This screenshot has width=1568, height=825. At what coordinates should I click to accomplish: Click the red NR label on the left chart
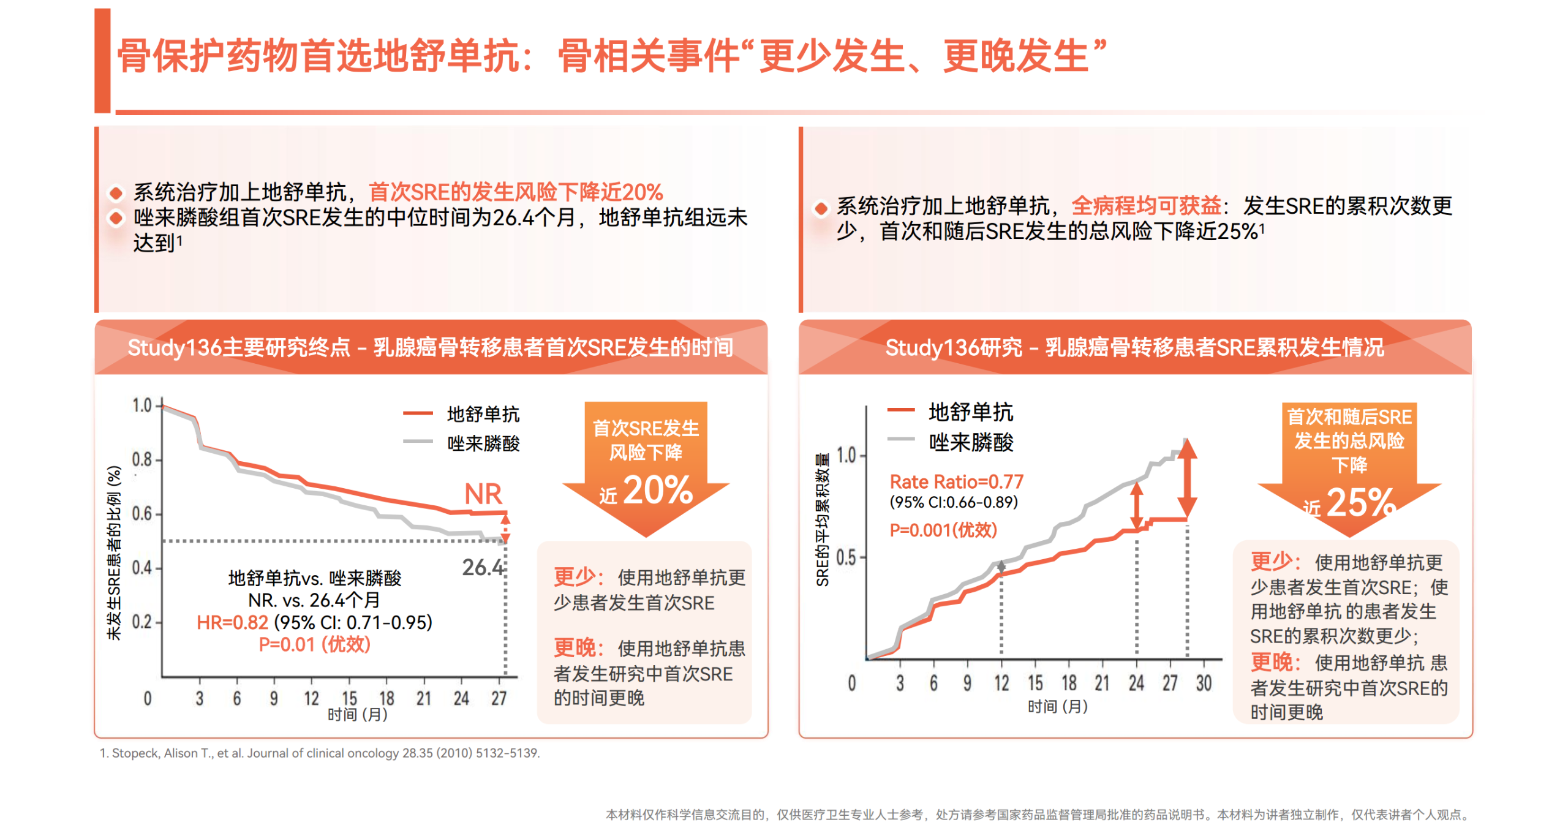tap(483, 494)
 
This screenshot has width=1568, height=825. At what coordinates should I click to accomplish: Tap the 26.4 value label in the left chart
tap(482, 567)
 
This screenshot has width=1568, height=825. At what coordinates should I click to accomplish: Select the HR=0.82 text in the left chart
tap(232, 622)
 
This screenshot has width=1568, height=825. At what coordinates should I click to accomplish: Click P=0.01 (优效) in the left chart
tap(314, 644)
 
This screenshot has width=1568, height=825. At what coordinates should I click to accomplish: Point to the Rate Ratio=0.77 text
tap(956, 481)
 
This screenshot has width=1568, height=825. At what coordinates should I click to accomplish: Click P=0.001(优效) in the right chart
tap(943, 530)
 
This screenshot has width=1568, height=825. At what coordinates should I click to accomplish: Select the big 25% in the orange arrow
tap(1360, 503)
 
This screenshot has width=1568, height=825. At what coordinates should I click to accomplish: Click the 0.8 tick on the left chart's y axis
tap(142, 459)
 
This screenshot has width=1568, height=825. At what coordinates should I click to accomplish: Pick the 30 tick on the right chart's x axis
tap(1204, 683)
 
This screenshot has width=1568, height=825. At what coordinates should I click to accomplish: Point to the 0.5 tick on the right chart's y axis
tap(846, 557)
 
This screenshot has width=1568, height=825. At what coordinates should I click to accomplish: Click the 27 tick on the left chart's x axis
tap(499, 698)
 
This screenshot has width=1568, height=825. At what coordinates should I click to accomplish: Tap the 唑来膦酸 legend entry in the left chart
tap(483, 443)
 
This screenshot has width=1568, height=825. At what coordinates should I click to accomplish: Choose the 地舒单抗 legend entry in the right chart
tap(970, 412)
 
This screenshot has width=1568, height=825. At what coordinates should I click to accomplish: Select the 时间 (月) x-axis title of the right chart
tap(1057, 707)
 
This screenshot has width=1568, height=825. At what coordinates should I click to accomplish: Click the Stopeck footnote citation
tap(320, 753)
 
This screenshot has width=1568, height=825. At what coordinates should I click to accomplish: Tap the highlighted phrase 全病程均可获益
tap(1146, 206)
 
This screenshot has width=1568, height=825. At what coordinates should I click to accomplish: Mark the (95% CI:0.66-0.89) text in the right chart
tap(954, 502)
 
